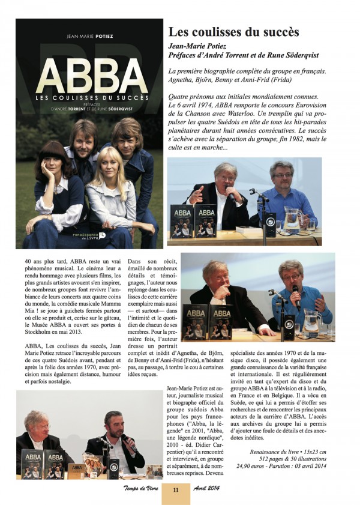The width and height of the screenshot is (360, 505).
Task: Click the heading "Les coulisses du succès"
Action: (233, 32)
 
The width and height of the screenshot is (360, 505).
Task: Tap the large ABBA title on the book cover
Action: (91, 76)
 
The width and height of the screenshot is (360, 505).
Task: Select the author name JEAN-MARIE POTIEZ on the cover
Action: (91, 35)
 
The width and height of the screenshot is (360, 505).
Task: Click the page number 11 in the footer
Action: (176, 489)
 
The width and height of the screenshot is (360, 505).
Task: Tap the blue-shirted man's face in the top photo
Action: (281, 175)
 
